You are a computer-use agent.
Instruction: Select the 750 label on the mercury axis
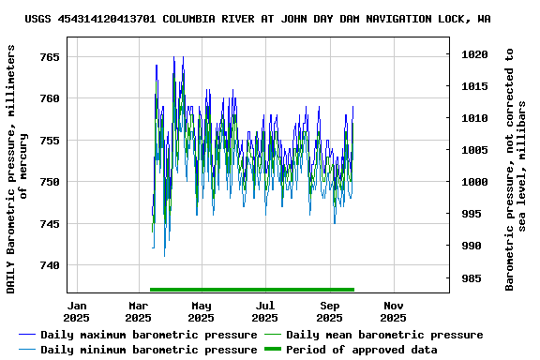coord(49,182)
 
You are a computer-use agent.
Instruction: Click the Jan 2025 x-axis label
coord(78,311)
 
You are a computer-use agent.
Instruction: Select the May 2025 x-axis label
coord(201,311)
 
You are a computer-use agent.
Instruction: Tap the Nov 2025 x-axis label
coord(393,311)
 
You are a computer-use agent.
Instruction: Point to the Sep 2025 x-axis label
coord(329,311)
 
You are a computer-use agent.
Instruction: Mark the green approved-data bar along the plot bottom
coord(252,290)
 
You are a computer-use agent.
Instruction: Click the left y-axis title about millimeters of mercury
coord(17,166)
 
